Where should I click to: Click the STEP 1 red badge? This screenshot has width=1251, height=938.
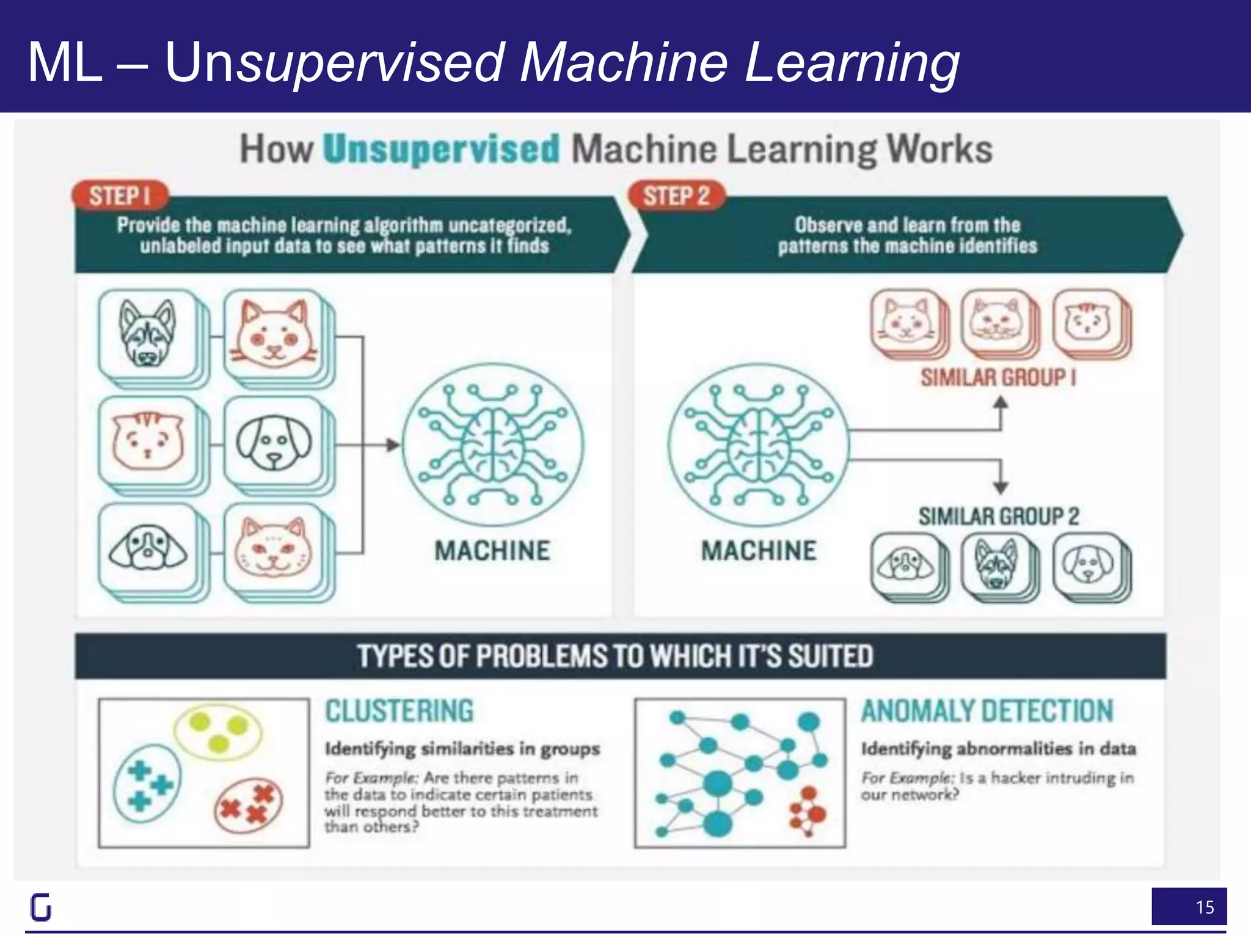tap(120, 196)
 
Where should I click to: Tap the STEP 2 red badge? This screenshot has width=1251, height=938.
tap(676, 196)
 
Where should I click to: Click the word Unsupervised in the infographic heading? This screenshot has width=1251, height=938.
tap(441, 149)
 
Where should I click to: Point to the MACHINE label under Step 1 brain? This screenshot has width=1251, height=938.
tap(492, 550)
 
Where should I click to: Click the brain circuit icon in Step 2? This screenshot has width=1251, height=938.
tap(757, 445)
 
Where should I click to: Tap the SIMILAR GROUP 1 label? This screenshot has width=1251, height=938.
tap(998, 377)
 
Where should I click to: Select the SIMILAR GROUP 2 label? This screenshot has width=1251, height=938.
tap(998, 517)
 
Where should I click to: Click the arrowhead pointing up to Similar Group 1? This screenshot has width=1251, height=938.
tap(1000, 403)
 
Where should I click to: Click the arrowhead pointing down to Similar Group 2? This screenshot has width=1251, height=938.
tap(1000, 488)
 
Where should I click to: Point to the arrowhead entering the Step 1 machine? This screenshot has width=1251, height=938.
tap(393, 445)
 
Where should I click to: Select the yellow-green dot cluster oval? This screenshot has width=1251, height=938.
tap(218, 732)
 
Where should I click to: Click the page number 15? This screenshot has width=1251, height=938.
tap(1205, 907)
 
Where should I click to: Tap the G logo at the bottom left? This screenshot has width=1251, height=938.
tap(41, 907)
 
